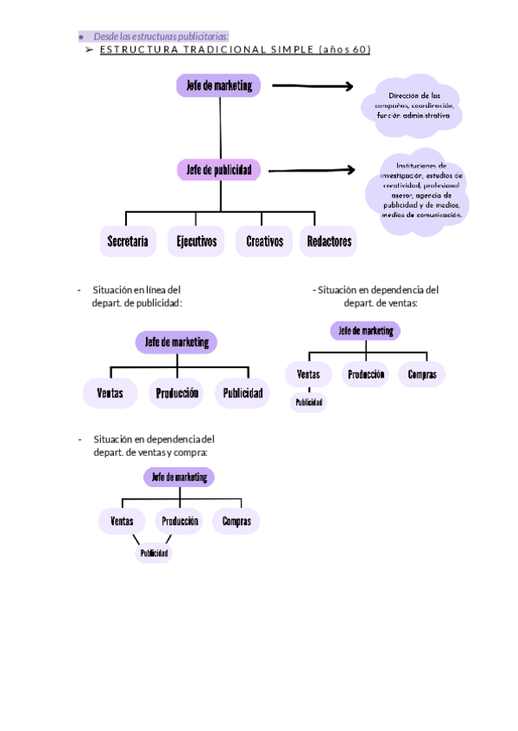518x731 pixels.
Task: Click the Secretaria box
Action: (128, 242)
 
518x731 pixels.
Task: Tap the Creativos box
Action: (264, 242)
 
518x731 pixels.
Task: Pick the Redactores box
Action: (329, 242)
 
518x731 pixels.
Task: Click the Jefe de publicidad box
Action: (219, 171)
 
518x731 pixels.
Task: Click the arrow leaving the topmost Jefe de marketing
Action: (313, 85)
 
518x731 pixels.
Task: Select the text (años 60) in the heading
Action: (344, 50)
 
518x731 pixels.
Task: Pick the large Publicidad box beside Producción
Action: (243, 394)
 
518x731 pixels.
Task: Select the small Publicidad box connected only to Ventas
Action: (308, 403)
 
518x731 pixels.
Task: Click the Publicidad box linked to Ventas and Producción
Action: (153, 553)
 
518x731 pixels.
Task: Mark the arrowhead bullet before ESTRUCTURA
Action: (89, 50)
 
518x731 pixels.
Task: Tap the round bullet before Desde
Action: (80, 37)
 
